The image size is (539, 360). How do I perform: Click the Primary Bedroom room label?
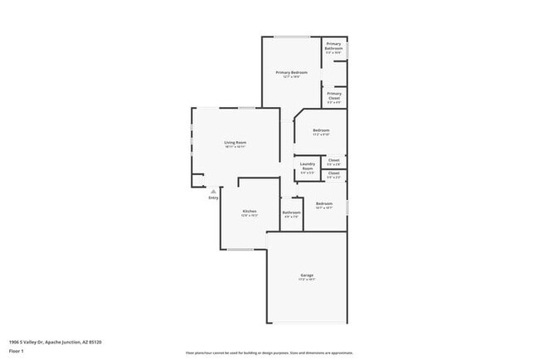tap(292, 72)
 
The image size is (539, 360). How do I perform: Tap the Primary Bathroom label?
tap(333, 46)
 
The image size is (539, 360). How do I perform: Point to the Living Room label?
tap(235, 142)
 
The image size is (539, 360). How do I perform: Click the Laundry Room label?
tap(307, 165)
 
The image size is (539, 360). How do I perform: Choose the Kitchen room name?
tap(249, 211)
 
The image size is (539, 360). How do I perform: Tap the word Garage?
tap(307, 275)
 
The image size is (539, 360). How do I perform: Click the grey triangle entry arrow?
tap(213, 190)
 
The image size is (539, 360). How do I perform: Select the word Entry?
tap(213, 197)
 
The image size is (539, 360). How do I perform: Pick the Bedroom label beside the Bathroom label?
tap(323, 203)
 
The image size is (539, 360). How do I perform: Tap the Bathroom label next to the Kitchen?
tap(291, 212)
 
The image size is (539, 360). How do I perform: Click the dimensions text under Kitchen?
tap(249, 216)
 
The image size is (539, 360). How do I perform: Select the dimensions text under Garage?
tap(307, 280)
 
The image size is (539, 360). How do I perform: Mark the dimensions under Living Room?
tap(235, 147)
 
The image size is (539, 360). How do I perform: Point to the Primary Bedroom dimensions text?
tap(292, 77)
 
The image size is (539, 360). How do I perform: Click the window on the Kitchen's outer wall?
tap(240, 249)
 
